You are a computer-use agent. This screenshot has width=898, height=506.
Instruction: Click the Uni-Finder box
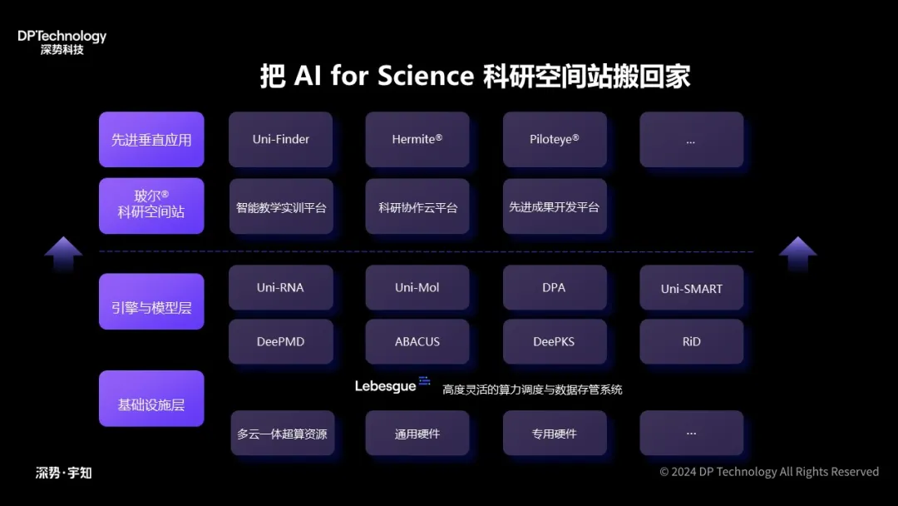click(280, 140)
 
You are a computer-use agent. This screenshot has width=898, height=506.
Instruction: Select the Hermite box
click(417, 140)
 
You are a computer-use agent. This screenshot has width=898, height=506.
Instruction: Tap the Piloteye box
click(555, 140)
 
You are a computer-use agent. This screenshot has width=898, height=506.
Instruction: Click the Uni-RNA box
click(280, 288)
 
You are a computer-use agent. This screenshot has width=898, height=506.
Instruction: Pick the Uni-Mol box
click(417, 288)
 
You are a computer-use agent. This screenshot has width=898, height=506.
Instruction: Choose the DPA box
click(555, 288)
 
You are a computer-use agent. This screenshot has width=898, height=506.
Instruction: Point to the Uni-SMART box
click(691, 289)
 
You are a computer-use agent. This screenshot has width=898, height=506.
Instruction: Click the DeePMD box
click(280, 341)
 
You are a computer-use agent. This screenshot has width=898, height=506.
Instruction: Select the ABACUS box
click(417, 341)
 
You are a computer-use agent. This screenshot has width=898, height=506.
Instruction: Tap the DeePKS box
click(555, 341)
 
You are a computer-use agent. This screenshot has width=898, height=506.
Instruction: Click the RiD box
click(691, 341)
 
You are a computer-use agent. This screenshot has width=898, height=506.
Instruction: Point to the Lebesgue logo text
click(386, 386)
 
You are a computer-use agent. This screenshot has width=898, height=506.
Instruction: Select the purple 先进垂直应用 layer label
click(151, 140)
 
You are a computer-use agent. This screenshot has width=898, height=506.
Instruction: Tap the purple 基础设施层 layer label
click(151, 405)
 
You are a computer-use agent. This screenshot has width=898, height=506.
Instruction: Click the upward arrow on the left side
click(63, 254)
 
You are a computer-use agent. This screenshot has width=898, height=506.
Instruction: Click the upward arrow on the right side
click(797, 254)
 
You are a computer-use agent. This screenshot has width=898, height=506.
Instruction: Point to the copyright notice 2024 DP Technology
click(769, 472)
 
